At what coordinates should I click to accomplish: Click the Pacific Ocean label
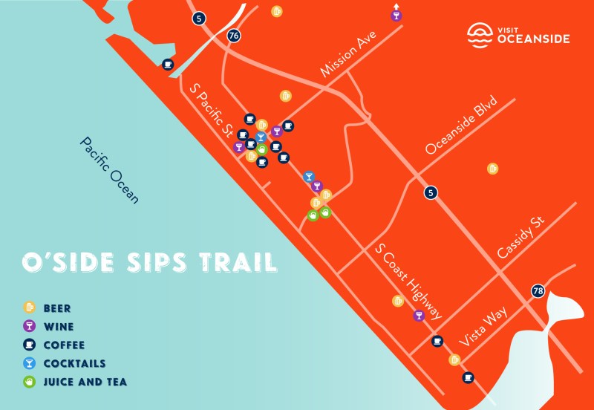[110, 170]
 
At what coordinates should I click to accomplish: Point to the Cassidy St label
[521, 238]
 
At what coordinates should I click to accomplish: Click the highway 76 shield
[235, 35]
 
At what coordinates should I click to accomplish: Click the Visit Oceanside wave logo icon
[480, 33]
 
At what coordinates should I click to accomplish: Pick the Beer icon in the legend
[30, 306]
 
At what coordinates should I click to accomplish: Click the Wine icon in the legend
[30, 325]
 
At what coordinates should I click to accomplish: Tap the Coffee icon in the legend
[30, 345]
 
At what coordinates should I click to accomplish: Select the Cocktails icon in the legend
[30, 363]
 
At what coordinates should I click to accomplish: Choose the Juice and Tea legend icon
[30, 383]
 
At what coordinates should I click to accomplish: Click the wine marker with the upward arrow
[396, 16]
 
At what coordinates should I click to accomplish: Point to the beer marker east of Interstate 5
[492, 169]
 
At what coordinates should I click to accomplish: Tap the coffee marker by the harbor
[169, 65]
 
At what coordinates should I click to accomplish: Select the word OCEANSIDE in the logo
[534, 38]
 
